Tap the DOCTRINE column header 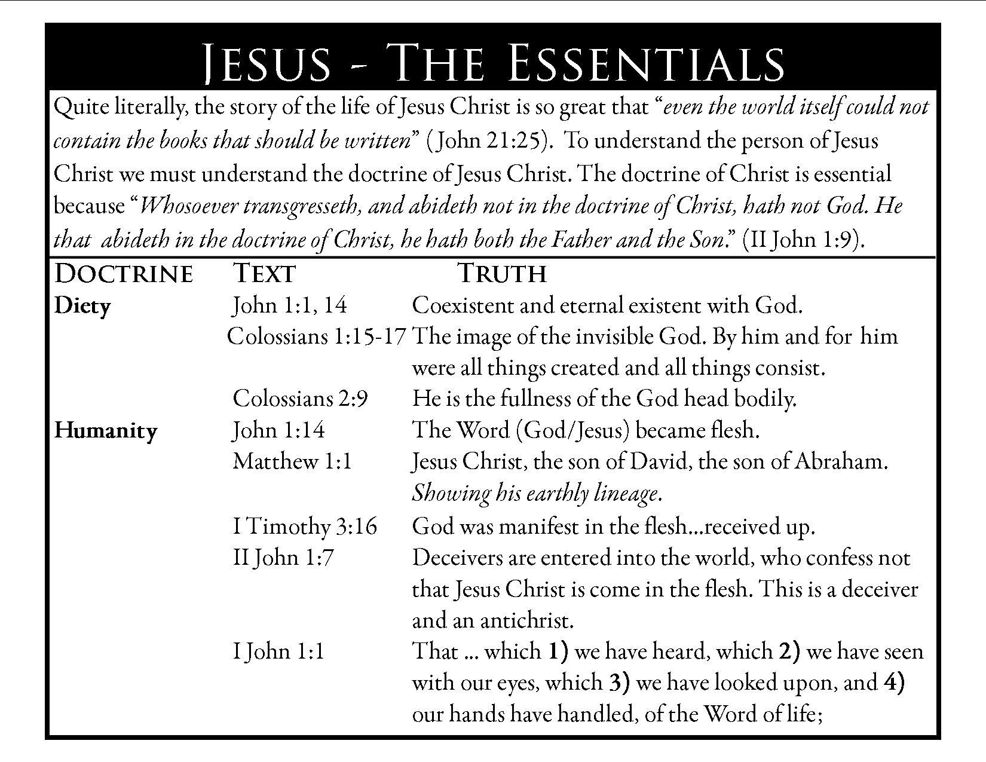[x=124, y=274]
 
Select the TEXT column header [x=264, y=274]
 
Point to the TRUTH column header [x=502, y=274]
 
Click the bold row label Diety [x=82, y=306]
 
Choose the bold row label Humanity [x=106, y=430]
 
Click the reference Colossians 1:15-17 [x=317, y=336]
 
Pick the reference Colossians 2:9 [x=300, y=399]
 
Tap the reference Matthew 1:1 [x=292, y=461]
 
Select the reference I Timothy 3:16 [x=305, y=527]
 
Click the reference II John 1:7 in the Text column [x=283, y=558]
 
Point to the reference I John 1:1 [x=278, y=651]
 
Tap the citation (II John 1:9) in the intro [x=803, y=240]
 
